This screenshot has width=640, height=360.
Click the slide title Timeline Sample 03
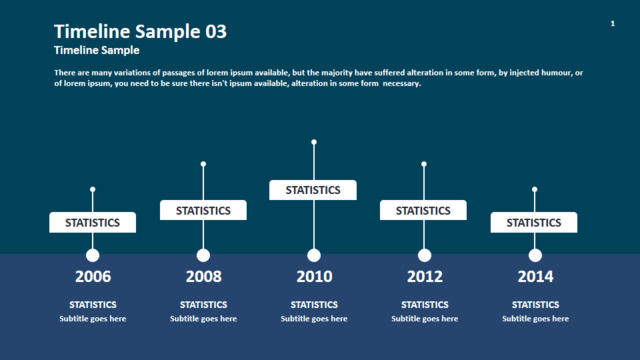point(140,31)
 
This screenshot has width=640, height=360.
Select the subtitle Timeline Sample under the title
point(97,50)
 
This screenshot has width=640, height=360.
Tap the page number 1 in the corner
point(613,23)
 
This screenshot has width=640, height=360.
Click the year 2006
point(93,276)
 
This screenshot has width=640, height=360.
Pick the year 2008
point(204,276)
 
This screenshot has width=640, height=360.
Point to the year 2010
point(314,276)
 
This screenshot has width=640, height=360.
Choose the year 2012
point(425,276)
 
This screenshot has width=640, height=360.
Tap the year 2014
point(536,276)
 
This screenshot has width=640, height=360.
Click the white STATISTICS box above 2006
point(93,222)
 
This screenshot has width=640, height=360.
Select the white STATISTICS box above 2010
point(313,190)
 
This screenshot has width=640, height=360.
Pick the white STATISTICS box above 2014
point(534,222)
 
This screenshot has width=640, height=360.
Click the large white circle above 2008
point(203,256)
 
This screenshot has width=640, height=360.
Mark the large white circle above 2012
point(424,256)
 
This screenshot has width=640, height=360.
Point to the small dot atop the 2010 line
point(314,142)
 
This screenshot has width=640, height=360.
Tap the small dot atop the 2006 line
point(93,189)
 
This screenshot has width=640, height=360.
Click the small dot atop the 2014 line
point(535,189)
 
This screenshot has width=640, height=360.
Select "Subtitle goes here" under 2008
point(203,319)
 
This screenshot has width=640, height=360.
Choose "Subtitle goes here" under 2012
point(424,319)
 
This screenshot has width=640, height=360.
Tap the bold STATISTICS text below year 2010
point(314,304)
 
